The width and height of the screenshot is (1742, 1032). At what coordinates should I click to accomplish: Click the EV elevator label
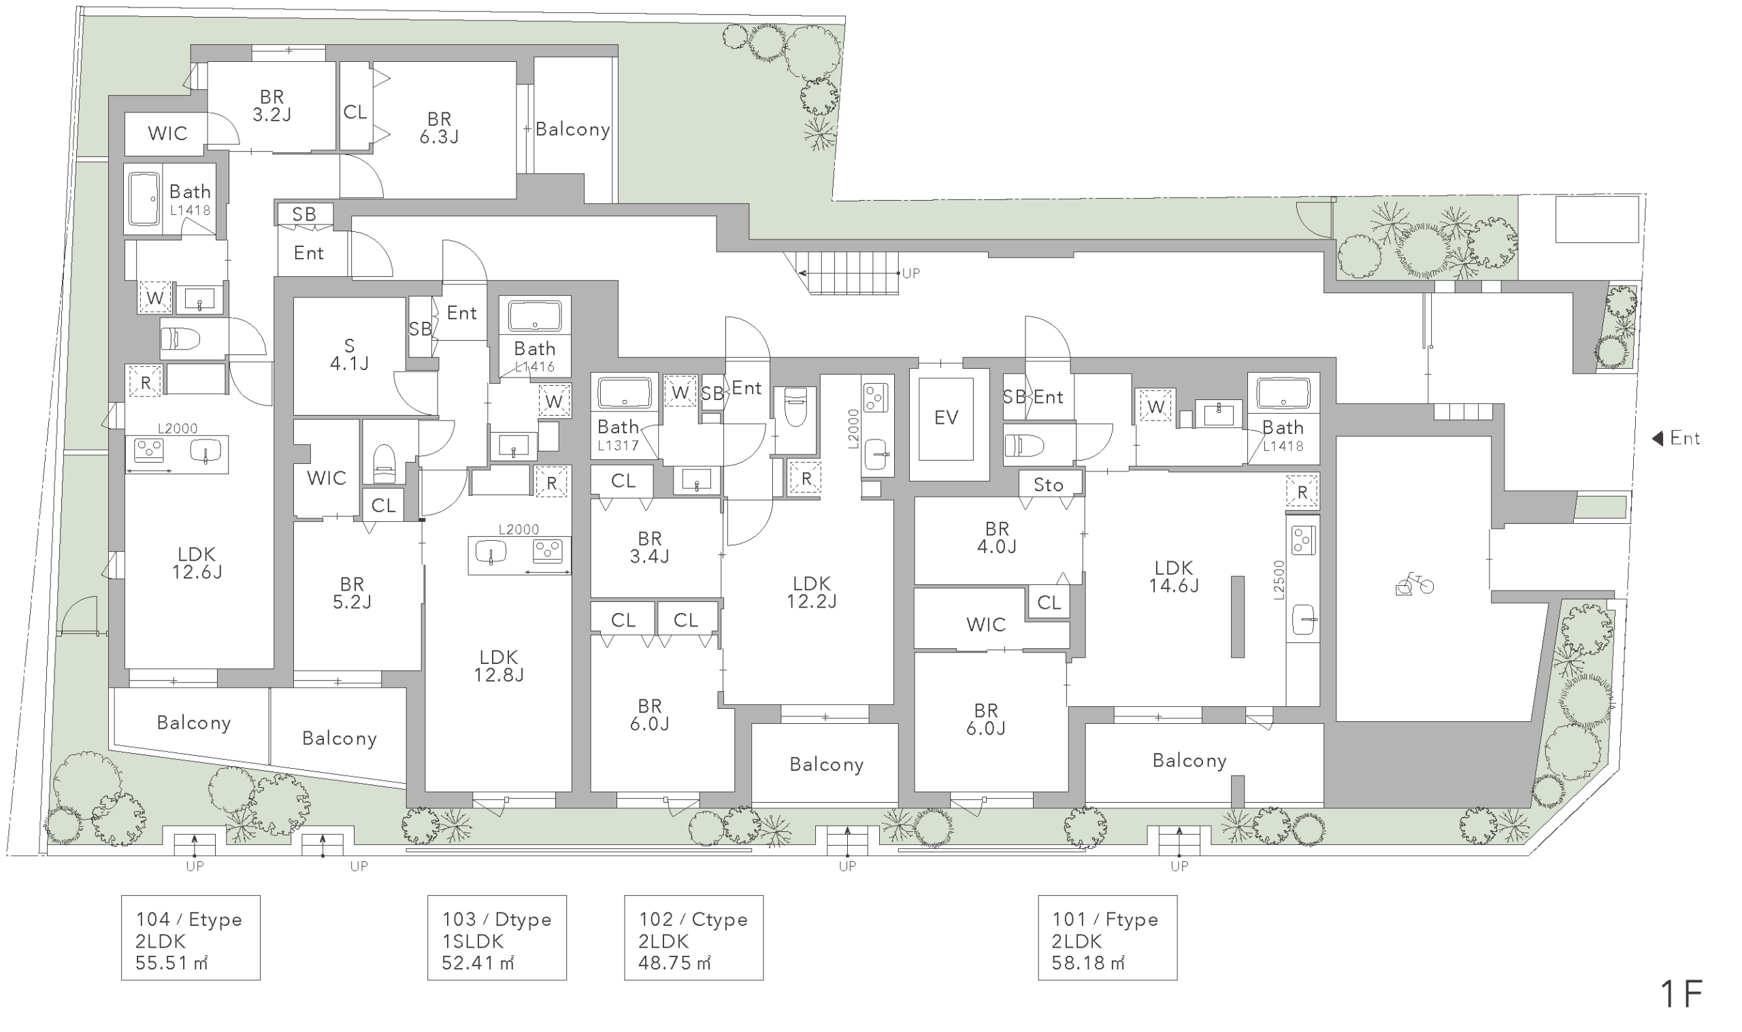(947, 417)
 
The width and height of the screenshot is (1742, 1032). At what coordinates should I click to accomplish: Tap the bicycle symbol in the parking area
(1415, 584)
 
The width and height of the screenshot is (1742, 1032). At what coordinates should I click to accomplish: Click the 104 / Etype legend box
(191, 937)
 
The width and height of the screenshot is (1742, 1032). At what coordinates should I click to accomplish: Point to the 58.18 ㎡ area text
(1088, 963)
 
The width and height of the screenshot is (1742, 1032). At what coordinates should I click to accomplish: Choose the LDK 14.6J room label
(1174, 576)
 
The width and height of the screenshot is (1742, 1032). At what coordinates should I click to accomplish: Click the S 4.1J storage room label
(349, 354)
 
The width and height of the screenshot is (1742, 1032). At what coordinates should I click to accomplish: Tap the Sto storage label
(1049, 484)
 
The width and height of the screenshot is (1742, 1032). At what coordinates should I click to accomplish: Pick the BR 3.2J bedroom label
(272, 105)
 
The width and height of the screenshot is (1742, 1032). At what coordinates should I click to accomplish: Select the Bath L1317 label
(619, 435)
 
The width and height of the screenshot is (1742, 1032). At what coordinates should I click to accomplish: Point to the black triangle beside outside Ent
(1657, 438)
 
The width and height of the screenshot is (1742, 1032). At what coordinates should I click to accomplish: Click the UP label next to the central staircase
(911, 273)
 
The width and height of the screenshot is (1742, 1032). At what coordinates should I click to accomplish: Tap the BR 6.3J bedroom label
(439, 127)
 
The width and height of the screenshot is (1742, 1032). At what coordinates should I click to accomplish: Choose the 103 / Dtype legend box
(497, 937)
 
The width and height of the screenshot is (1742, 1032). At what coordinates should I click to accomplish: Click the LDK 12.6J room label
(197, 563)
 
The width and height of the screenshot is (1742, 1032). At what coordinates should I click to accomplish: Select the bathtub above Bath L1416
(535, 316)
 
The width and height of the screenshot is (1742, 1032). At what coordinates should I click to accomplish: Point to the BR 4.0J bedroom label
(996, 537)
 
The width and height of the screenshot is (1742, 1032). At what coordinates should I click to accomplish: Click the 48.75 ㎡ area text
(674, 963)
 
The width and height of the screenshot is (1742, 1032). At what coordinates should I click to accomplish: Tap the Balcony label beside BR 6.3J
(573, 129)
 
